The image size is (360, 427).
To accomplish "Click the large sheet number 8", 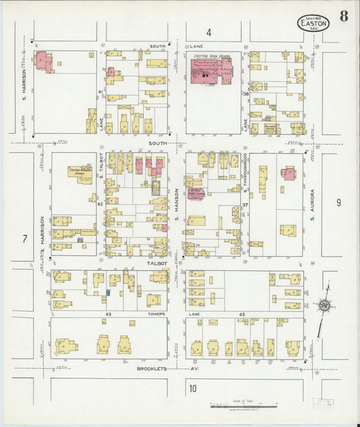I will coord(344,16).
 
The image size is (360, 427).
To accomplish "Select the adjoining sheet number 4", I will coord(209,32).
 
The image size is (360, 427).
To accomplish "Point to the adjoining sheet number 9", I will coord(338,201).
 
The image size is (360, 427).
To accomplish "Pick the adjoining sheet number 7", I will coord(24,238).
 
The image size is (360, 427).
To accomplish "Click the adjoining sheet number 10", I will coord(193,388).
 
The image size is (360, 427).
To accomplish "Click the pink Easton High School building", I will coord(210,71).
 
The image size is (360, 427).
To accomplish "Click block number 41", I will coord(99,91).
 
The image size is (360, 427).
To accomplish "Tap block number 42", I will coord(99,203).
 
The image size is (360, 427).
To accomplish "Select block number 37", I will coord(246,204).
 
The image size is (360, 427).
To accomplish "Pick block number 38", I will coord(246,93).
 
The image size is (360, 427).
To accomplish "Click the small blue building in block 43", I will coord(107,293).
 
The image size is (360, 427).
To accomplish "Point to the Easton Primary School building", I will coord(80,172).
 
